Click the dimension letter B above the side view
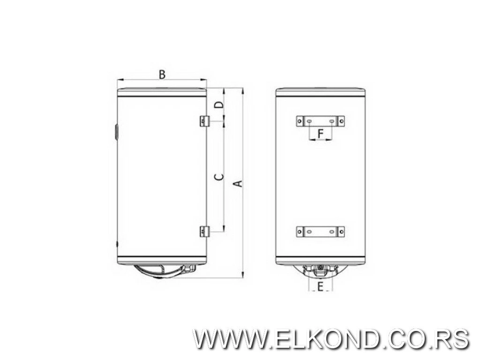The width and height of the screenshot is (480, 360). [x=162, y=74]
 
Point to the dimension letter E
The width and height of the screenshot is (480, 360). [x=320, y=286]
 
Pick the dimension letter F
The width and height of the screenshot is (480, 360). [x=321, y=134]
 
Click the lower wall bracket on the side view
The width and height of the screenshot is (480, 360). [x=203, y=231]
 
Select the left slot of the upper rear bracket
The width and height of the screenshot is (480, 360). [x=310, y=121]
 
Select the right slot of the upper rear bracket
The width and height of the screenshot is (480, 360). [x=332, y=121]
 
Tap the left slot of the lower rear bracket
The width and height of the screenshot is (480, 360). [x=310, y=232]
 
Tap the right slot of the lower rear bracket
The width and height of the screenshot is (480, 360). [x=332, y=232]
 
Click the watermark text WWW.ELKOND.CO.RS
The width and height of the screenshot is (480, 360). [x=331, y=338]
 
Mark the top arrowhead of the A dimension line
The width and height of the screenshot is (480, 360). [x=242, y=90]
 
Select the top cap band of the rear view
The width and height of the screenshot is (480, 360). [x=320, y=92]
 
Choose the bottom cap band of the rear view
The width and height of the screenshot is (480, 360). [x=320, y=261]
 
